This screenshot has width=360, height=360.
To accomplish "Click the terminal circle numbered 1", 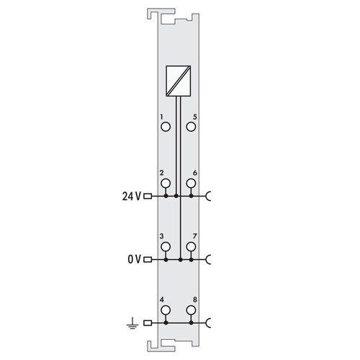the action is point(166,122).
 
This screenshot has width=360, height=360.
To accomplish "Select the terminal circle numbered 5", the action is point(191,122).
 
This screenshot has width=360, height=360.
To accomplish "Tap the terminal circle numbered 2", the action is point(166,179).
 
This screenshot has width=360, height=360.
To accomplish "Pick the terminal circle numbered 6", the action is point(191,179).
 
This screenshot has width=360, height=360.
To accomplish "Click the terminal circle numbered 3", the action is point(166,242).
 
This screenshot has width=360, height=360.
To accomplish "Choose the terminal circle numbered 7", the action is point(191,242).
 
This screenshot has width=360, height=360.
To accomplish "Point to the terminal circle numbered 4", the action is point(166,306).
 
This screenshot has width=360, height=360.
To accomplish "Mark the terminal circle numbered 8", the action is point(191,306).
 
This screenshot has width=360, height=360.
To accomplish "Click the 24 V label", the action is point(131,197).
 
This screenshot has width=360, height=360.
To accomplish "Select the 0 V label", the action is point(134,259).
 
